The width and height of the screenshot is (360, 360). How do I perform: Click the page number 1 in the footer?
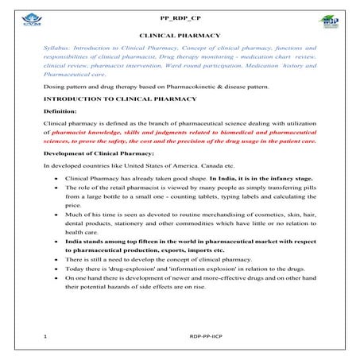46,336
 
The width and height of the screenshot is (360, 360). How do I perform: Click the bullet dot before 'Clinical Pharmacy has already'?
56,179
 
